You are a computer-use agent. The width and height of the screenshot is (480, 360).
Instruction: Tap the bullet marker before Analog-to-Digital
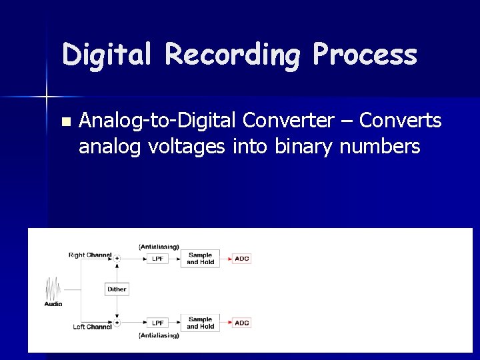(x=65, y=122)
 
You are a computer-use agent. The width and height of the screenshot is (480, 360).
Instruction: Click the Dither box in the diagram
(x=117, y=289)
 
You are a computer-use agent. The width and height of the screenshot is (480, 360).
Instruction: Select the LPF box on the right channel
(x=157, y=258)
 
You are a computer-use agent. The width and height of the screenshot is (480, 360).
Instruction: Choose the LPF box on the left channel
(x=157, y=323)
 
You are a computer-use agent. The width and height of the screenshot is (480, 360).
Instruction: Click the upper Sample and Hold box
(x=200, y=258)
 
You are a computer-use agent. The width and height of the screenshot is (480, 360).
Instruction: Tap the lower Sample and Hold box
(x=200, y=323)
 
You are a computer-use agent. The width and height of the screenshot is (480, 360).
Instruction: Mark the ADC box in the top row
(x=241, y=258)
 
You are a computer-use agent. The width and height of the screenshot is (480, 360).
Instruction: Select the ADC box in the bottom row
(x=241, y=323)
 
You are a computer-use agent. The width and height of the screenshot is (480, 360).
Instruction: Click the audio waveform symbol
(x=53, y=289)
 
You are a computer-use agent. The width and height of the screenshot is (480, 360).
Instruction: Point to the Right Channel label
(x=90, y=255)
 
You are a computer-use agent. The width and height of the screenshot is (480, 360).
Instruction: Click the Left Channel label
(x=92, y=327)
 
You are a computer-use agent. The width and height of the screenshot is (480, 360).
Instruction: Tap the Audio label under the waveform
(x=53, y=304)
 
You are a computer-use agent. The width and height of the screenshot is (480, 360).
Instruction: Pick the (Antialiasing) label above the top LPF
(x=159, y=247)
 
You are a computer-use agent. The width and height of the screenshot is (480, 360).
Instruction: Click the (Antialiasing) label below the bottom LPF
(x=159, y=335)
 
